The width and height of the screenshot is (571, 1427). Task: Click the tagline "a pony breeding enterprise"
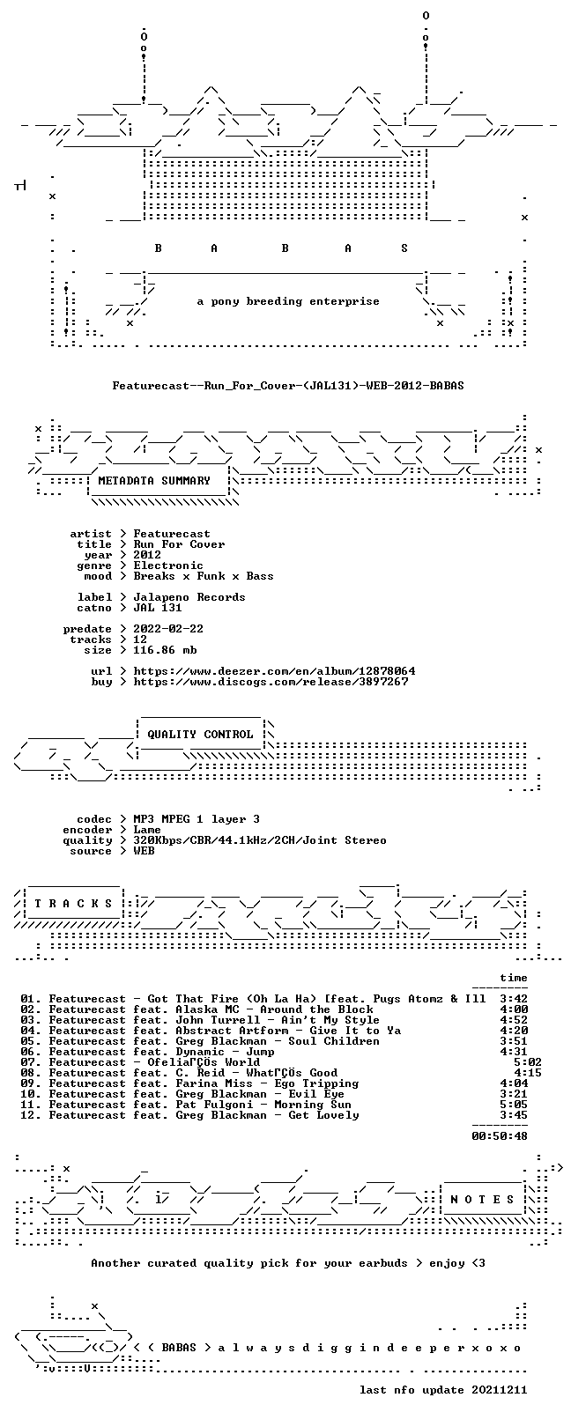tap(288, 301)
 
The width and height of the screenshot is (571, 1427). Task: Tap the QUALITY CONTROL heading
tap(201, 735)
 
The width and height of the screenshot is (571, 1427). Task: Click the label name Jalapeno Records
tap(189, 597)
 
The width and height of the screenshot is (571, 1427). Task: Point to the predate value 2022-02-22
tap(168, 629)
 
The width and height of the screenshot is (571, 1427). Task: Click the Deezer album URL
tap(274, 671)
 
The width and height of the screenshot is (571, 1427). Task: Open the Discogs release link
tap(271, 682)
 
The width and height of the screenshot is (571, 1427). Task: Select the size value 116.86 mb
tap(165, 650)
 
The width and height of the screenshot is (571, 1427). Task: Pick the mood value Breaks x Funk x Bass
tap(204, 577)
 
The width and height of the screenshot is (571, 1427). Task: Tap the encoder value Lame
tap(147, 830)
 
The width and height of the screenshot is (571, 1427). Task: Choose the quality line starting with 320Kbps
tap(260, 841)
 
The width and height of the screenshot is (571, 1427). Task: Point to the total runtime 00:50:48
tap(500, 1136)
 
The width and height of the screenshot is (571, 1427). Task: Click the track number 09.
tap(27, 1083)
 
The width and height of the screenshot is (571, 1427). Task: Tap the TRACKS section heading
tap(73, 904)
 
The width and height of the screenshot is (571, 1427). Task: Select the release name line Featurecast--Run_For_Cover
tap(288, 386)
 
